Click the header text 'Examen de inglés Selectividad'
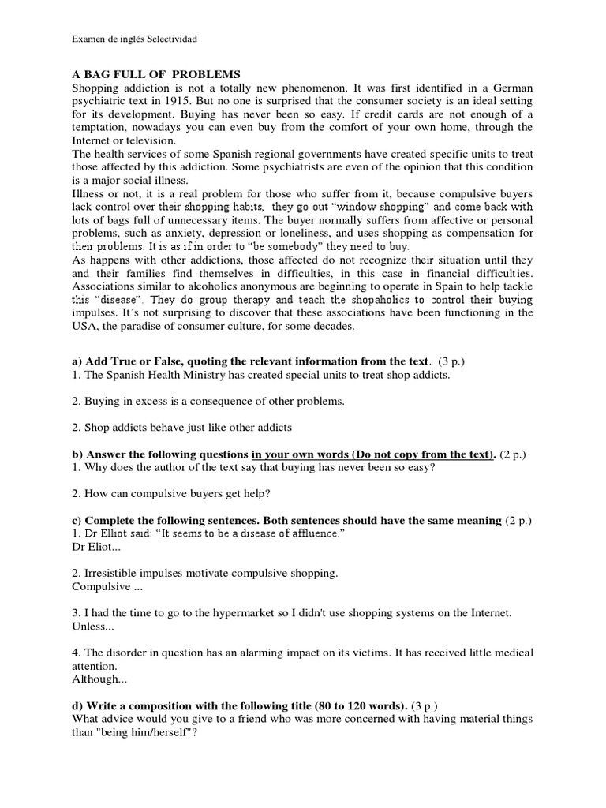(135, 38)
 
